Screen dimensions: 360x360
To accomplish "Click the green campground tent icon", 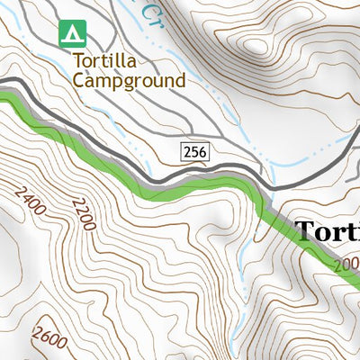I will click(72, 34).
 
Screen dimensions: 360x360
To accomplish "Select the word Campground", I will click(129, 80).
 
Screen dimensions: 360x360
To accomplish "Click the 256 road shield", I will click(195, 153).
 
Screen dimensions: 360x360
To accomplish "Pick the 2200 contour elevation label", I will click(81, 213).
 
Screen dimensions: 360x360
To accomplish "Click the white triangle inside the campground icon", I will click(72, 34).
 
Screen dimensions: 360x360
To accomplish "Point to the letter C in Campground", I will click(79, 80).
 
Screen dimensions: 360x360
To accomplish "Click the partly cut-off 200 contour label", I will click(346, 265).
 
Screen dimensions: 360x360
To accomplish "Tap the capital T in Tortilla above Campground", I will click(78, 62).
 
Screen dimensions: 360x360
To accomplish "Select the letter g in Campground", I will click(128, 83).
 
